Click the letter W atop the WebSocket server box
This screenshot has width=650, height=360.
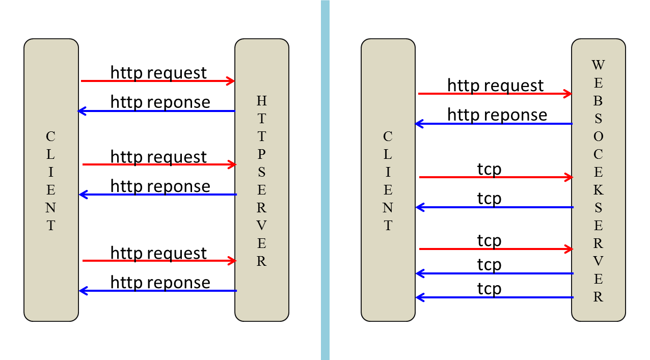[x=598, y=65]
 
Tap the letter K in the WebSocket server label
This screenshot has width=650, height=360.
[x=598, y=190]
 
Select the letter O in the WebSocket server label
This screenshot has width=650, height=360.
[x=598, y=136]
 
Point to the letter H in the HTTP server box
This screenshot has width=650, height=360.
[x=261, y=100]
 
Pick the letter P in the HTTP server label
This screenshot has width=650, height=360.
[x=261, y=154]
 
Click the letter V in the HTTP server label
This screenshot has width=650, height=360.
[x=261, y=226]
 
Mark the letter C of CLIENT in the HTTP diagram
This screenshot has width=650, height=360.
[x=51, y=136]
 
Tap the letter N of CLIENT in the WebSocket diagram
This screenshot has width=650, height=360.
[x=388, y=208]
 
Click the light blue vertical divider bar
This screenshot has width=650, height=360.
[x=325, y=180]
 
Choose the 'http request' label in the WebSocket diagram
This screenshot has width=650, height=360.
[x=495, y=86]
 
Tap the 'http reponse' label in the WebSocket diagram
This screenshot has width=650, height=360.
[x=497, y=115]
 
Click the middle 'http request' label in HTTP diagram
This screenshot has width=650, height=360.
[x=158, y=156]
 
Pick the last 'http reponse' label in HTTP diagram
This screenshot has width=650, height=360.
[x=160, y=282]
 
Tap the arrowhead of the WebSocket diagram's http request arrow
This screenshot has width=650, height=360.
[x=567, y=93]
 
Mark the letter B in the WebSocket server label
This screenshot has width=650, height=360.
[x=598, y=101]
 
